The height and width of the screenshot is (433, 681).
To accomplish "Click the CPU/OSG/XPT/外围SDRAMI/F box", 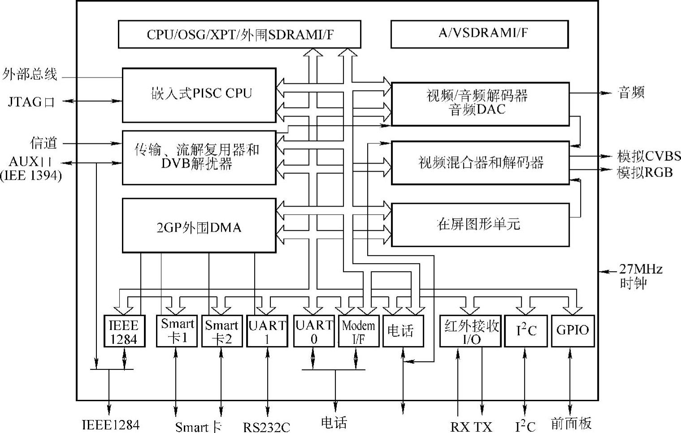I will point(239,34).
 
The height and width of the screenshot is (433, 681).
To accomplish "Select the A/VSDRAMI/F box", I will point(479,34).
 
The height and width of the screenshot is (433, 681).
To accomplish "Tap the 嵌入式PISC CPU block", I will point(199,95).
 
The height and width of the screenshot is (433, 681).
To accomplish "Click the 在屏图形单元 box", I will point(480,225).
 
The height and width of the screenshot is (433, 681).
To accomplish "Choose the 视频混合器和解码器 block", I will point(480,163).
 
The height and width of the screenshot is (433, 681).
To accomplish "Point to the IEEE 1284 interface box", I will point(124,331).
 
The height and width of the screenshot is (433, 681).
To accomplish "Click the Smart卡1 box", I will point(177,331).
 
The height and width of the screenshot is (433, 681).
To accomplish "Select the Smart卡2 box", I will point(221,331).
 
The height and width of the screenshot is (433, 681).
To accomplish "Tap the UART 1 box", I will point(267,331).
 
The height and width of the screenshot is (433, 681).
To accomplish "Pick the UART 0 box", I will point(314,331).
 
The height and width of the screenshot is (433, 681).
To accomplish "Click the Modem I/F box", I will point(358,331).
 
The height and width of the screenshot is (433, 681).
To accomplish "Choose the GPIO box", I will point(573,331).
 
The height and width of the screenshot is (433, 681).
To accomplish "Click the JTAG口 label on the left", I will point(31,102).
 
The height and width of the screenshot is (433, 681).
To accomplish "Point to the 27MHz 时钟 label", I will point(640,276).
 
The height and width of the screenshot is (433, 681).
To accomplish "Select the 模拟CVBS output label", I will point(648,156).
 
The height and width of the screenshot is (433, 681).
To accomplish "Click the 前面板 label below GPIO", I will point(571,423).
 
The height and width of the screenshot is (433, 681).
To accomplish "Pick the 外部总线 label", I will point(30,74).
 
